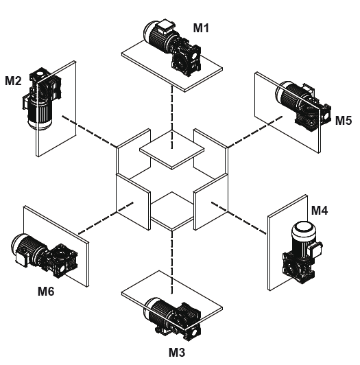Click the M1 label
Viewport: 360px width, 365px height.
201,28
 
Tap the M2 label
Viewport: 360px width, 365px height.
13,81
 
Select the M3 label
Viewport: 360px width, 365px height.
177,352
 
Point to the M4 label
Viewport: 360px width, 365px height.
320,211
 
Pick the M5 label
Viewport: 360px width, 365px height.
344,121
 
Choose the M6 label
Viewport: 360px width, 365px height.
46,291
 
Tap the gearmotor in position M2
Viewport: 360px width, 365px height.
42,98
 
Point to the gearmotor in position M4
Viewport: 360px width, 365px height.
302,252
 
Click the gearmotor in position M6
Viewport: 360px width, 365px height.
44,255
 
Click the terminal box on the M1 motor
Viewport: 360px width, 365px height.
165,26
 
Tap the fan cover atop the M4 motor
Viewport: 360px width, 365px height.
303,227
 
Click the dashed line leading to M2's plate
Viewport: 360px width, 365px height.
89,131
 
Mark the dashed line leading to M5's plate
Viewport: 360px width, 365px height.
255,132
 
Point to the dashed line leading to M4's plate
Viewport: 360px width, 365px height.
239,218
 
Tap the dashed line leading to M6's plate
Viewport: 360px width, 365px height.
106,218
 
